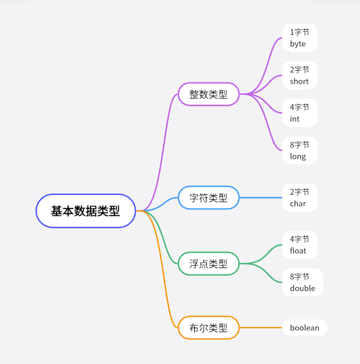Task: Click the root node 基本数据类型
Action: click(86, 211)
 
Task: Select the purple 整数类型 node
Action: click(208, 94)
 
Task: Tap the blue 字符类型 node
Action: click(208, 198)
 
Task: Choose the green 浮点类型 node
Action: click(208, 263)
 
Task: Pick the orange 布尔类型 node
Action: click(208, 328)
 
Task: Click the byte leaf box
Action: click(300, 38)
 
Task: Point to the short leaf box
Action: click(300, 76)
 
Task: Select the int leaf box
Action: click(300, 113)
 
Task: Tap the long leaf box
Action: click(300, 151)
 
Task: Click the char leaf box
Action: click(300, 198)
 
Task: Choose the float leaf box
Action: click(300, 245)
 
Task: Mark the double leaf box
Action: click(303, 283)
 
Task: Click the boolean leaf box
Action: click(305, 328)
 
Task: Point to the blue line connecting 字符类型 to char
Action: click(261, 198)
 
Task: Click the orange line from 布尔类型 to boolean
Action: click(261, 328)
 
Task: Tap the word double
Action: click(303, 288)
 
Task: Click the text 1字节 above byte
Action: click(300, 32)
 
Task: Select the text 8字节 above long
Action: click(300, 145)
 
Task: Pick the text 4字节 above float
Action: click(300, 239)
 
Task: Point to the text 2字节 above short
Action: click(300, 70)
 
